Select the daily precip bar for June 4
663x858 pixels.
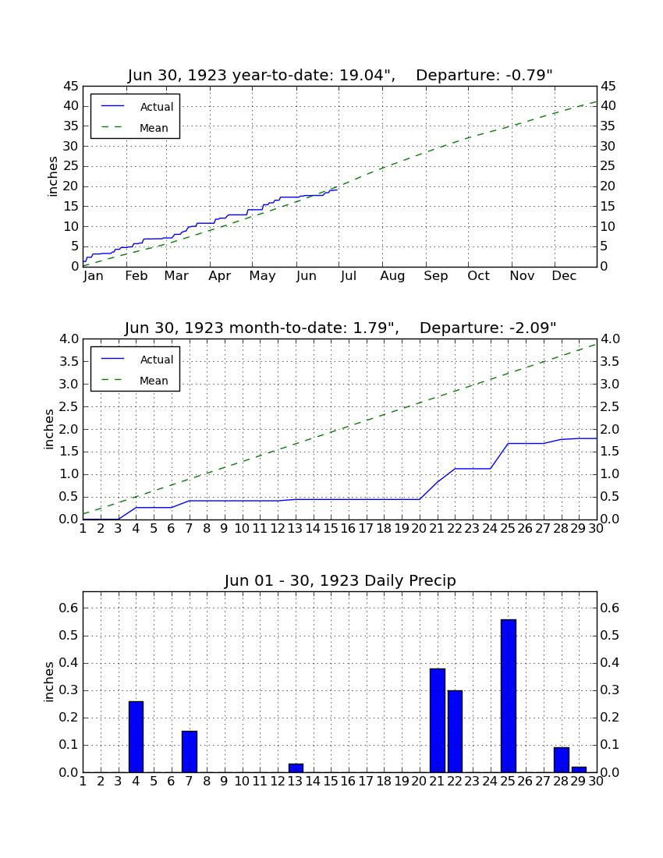tap(136, 736)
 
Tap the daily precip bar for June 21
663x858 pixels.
tap(438, 720)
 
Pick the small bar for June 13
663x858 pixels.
tap(296, 768)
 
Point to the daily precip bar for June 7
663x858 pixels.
tap(190, 751)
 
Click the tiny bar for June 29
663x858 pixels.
tap(579, 769)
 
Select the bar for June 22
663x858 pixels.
tap(455, 731)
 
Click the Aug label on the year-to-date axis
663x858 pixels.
tap(393, 276)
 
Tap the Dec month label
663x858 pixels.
tap(564, 276)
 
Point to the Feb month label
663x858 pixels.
tap(136, 276)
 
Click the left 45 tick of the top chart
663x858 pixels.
tap(71, 87)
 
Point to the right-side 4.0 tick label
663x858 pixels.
tap(611, 339)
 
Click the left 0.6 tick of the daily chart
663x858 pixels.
tap(69, 608)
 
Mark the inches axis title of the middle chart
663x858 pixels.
tap(49, 430)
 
